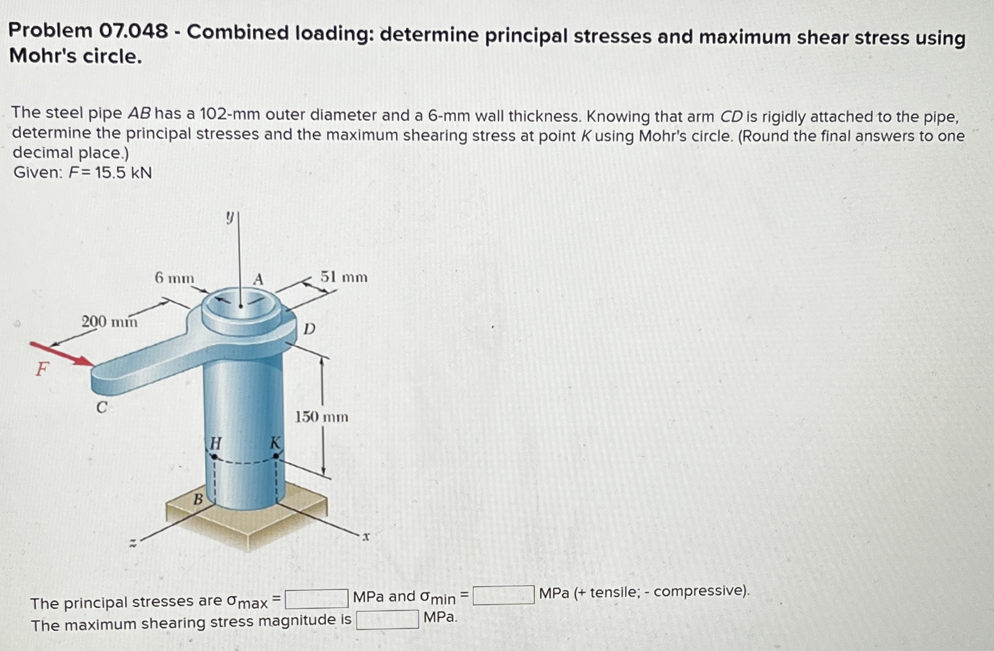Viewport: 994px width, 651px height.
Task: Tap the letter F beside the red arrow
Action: coord(42,369)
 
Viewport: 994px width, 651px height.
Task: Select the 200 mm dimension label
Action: coord(109,322)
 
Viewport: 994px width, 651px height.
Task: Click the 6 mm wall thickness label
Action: coord(174,278)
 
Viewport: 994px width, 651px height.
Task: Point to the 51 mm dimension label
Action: coord(344,277)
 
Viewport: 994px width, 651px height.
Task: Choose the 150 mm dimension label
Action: coord(321,417)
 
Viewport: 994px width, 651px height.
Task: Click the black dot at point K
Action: coord(276,456)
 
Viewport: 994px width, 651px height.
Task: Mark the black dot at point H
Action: coord(214,457)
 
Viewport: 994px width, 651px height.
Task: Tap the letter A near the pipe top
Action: coord(258,279)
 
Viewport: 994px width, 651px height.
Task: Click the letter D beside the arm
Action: coord(309,329)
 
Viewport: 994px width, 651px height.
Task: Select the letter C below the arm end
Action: coord(102,407)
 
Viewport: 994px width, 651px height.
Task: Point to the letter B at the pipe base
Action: coord(198,499)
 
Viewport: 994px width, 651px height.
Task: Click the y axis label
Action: coord(229,217)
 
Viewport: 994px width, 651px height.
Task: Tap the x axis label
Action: coord(366,537)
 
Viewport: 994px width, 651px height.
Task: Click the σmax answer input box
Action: coord(317,598)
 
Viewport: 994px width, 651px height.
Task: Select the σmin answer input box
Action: coord(503,595)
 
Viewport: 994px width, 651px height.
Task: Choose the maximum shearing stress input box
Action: coord(387,619)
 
